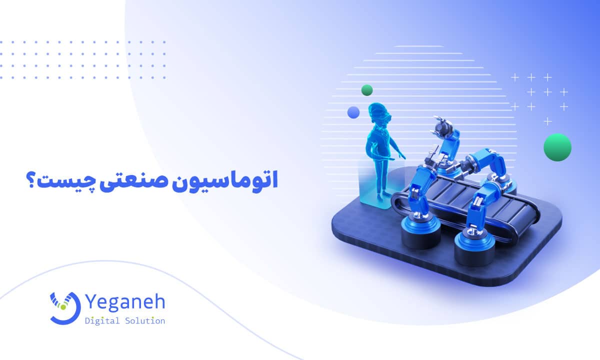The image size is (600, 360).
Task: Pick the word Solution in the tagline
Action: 146,321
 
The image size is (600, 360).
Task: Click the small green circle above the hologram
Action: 367,90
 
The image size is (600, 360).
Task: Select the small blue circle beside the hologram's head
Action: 354,112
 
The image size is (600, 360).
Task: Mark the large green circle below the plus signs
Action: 557,147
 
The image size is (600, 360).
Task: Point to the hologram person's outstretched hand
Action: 403,157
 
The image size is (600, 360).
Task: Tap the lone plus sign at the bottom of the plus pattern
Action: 548,121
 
